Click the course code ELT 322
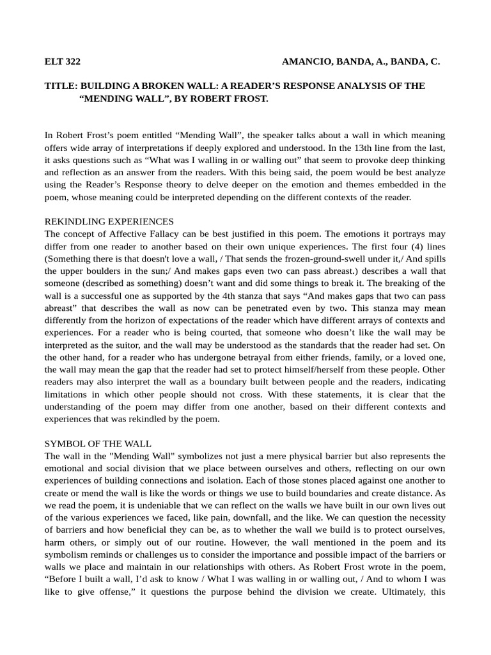coord(62,62)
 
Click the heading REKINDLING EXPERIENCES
coord(109,221)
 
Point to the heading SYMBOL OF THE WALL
coord(98,443)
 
